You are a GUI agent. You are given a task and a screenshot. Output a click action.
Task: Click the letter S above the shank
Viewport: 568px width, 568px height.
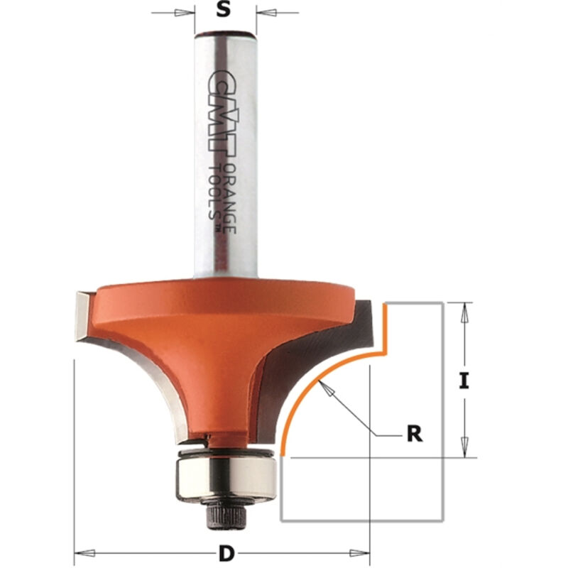[x=224, y=10]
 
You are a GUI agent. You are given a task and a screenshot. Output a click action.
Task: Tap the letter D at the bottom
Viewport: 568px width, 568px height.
[x=226, y=553]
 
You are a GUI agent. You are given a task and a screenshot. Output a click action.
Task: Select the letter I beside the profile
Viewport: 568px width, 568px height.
[x=464, y=381]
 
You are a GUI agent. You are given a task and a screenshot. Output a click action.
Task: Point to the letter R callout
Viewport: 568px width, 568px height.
[x=415, y=434]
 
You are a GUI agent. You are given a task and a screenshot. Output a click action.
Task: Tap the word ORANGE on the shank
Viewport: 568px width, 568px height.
[x=229, y=197]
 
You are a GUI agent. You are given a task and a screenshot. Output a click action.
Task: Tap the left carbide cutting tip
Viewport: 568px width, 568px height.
[x=82, y=316]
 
